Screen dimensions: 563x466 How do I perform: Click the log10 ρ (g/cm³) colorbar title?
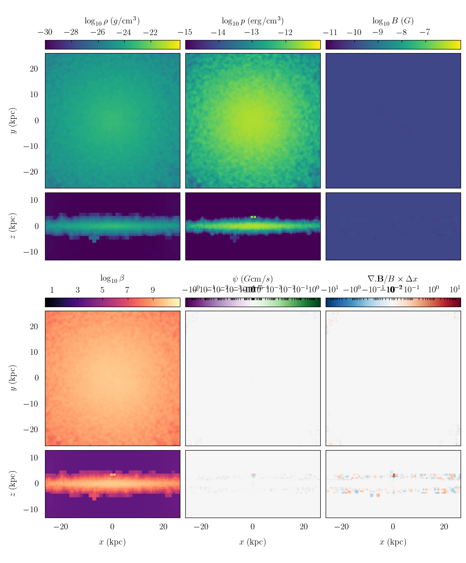(112, 21)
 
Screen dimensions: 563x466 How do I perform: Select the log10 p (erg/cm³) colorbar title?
(252, 21)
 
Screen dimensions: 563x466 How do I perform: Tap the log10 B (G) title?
(393, 21)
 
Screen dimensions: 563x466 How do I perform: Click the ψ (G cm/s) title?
(252, 278)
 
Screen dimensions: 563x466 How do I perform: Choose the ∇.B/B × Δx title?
(393, 278)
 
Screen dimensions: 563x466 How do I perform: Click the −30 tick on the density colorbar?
(45, 32)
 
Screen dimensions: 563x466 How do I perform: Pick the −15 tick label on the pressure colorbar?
(185, 32)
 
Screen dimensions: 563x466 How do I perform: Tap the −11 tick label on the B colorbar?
(330, 32)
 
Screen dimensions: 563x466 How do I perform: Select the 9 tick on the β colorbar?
(152, 290)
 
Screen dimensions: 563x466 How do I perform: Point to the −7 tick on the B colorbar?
(425, 32)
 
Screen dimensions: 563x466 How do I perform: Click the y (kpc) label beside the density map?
(13, 121)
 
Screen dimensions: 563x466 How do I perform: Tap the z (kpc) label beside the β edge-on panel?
(13, 484)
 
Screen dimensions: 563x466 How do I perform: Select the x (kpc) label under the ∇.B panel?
(393, 542)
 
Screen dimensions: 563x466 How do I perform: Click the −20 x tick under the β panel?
(61, 527)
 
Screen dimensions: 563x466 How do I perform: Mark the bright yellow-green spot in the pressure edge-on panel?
(253, 217)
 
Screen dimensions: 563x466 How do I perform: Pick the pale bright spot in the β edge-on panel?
(113, 474)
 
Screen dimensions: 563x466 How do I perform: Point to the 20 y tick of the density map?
(34, 69)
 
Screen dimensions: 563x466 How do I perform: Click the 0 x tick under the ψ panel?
(253, 527)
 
